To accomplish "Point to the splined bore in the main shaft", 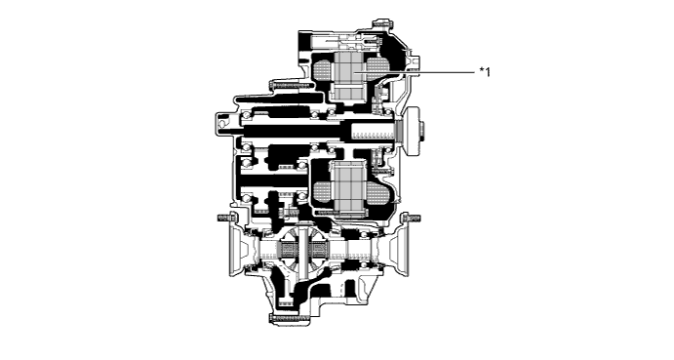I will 370,131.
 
